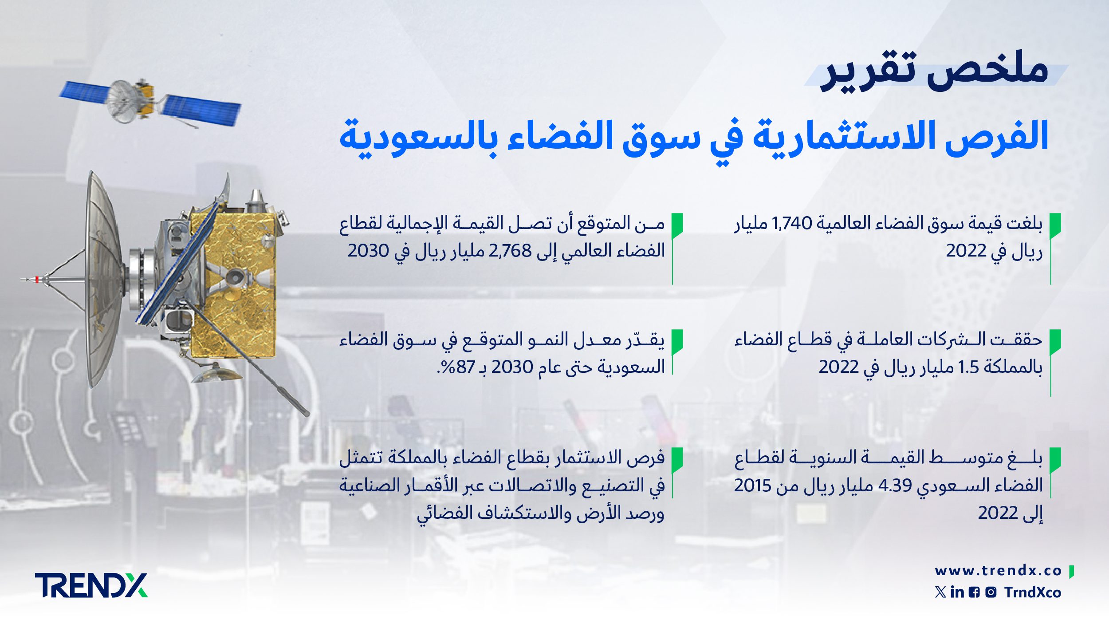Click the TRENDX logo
[x=91, y=585]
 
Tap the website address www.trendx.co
[x=998, y=571]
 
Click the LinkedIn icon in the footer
[x=957, y=592]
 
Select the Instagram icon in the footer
[x=991, y=592]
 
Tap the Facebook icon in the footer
[x=974, y=592]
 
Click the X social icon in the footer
[x=940, y=592]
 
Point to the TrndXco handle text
[x=1033, y=592]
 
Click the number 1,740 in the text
[x=792, y=223]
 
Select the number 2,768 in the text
[x=510, y=251]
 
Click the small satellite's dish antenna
[x=122, y=101]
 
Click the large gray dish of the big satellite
[x=104, y=280]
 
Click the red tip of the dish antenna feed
[x=37, y=279]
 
